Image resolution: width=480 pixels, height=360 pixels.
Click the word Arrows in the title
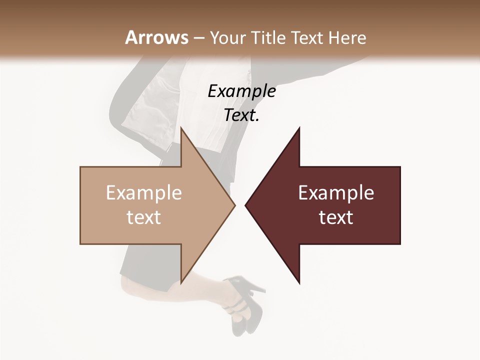[156, 37]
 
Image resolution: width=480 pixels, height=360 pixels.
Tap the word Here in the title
[347, 38]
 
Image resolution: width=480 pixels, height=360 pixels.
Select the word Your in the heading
[227, 38]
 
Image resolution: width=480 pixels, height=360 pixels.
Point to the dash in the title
[198, 38]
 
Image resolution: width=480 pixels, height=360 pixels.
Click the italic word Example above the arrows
[241, 91]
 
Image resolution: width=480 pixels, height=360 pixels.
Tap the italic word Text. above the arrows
[241, 115]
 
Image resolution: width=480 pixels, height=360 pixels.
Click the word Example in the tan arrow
[144, 193]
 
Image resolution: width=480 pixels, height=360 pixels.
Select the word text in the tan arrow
[144, 217]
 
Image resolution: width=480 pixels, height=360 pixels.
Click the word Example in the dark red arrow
[336, 193]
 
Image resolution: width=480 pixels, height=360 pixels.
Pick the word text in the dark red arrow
[336, 217]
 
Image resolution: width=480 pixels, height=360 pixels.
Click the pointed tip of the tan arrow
[234, 205]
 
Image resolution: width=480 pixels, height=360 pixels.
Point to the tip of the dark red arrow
[246, 205]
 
